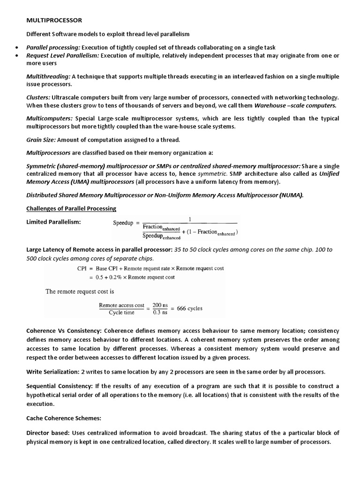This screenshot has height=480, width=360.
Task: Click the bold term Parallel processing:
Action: coord(53,47)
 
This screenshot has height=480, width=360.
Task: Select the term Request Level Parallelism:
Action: coord(63,55)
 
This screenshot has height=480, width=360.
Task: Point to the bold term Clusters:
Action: coord(38,97)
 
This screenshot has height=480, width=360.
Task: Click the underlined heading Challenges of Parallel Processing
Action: coord(71,208)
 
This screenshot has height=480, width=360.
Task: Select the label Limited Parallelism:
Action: coord(53,222)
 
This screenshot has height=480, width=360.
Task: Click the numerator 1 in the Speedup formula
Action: coord(190,218)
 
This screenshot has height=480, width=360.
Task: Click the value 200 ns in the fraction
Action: coord(160,305)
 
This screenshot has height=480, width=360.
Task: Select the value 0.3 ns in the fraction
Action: coord(160,313)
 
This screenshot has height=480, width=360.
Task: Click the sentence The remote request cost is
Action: coord(80,291)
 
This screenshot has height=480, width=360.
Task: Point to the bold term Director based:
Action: coord(48,433)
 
